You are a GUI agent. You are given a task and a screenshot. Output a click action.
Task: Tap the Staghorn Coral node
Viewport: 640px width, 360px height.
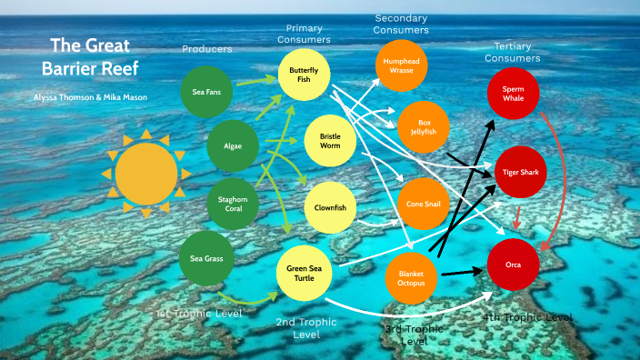point(233,201)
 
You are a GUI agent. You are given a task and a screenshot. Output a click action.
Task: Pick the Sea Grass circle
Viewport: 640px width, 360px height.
point(206,258)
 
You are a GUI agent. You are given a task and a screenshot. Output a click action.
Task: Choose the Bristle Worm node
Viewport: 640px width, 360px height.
point(330,140)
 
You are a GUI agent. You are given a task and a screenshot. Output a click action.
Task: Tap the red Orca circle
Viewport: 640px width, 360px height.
point(515,265)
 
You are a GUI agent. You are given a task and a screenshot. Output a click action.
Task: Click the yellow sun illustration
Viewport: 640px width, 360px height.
point(146,172)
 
